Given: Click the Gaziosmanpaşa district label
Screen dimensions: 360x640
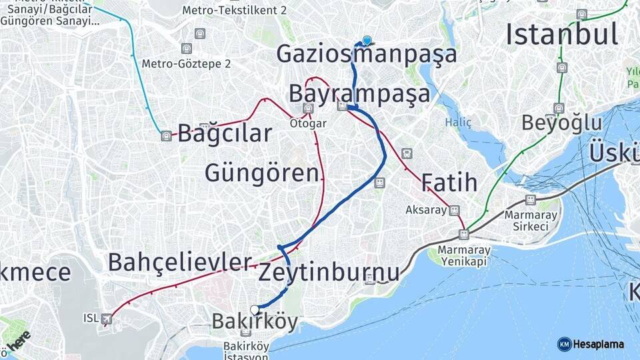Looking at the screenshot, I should click(367, 54).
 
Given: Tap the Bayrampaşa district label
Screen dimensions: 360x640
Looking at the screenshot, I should click(359, 94).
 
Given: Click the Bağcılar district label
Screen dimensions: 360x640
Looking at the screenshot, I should click(225, 133).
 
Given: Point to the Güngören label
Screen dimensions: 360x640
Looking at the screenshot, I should click(261, 173).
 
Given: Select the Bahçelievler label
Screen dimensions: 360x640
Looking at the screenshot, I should click(180, 262).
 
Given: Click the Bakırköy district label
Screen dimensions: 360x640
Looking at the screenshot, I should click(255, 322).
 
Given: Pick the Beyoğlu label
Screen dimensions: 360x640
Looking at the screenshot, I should click(561, 123).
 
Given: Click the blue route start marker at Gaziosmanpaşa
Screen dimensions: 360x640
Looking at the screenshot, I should click(367, 40).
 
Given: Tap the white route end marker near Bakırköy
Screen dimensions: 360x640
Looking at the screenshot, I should click(254, 309).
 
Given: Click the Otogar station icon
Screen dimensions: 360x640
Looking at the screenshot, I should click(308, 109).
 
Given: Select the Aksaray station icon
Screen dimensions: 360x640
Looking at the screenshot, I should click(454, 210).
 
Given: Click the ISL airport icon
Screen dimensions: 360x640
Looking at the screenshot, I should click(107, 319).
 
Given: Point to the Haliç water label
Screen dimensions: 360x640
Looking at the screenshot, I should click(459, 123).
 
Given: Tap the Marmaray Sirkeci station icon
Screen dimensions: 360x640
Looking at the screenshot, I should click(531, 200).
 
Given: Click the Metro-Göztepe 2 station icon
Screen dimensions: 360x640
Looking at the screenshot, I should click(186, 48).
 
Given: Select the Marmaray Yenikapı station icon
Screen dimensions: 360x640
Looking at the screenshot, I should click(463, 234).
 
